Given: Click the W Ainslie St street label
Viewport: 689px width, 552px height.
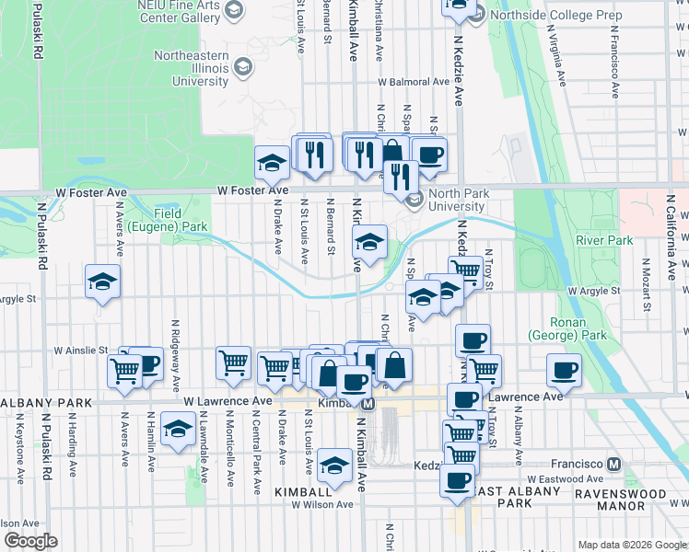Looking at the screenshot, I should click(82, 351).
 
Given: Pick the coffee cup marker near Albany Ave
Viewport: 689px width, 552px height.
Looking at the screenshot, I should click(564, 371).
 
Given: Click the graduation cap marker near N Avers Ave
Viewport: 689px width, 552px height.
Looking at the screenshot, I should click(102, 282).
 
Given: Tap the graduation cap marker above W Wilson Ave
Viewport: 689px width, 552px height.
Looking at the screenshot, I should click(334, 465).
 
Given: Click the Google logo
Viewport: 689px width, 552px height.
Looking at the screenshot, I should click(31, 541).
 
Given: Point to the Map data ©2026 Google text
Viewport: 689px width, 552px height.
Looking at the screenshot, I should click(631, 545).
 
